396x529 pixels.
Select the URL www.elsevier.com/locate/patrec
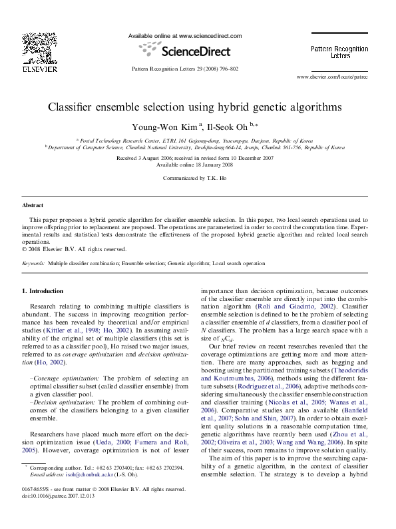tap(332, 77)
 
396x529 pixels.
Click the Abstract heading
tap(33, 206)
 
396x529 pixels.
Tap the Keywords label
tap(33, 264)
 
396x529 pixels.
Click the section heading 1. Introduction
tap(43, 291)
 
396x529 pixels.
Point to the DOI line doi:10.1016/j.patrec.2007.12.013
tap(59, 515)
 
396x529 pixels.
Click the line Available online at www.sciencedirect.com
tap(184, 36)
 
